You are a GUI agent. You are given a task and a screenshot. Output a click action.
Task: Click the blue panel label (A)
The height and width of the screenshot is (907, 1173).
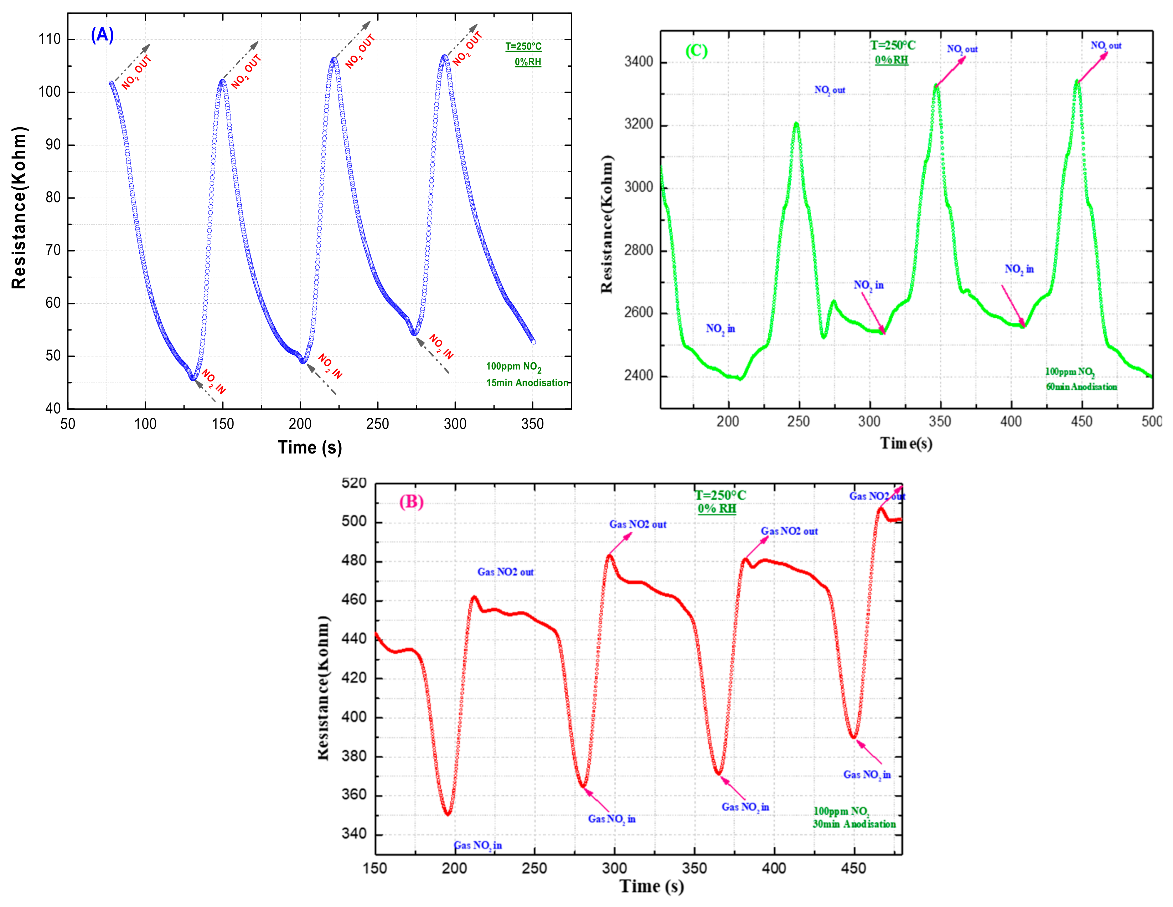point(102,35)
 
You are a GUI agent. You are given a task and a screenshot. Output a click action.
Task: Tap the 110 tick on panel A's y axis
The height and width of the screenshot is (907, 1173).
point(50,39)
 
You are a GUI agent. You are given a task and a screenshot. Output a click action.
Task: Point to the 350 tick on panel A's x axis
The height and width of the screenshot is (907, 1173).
point(532,424)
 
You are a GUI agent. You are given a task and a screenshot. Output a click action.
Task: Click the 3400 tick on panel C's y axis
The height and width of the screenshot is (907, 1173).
point(639,62)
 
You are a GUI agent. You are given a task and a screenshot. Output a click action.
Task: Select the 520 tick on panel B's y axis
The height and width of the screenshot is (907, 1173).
point(354,483)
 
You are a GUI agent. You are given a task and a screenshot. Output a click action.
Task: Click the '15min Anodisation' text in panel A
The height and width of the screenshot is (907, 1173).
point(527,383)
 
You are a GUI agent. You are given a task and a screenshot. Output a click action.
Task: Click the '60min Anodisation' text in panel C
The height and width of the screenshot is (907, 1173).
point(1081,387)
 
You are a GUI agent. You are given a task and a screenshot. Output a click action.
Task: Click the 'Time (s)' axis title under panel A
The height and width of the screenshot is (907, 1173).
point(310,447)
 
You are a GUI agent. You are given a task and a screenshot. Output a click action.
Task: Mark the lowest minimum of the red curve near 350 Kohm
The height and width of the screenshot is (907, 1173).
point(448,814)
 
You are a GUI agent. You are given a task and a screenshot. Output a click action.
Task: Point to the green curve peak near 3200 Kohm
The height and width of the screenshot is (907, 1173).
point(796,124)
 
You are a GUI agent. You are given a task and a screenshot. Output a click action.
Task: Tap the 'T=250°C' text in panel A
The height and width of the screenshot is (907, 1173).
point(523,47)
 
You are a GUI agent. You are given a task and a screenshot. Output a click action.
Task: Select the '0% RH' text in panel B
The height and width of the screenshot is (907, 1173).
point(717,508)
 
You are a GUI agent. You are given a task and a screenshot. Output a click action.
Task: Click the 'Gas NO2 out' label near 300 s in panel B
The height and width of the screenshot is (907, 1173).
point(637,524)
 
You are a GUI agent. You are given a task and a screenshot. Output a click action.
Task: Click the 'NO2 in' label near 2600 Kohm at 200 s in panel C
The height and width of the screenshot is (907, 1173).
point(720,328)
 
